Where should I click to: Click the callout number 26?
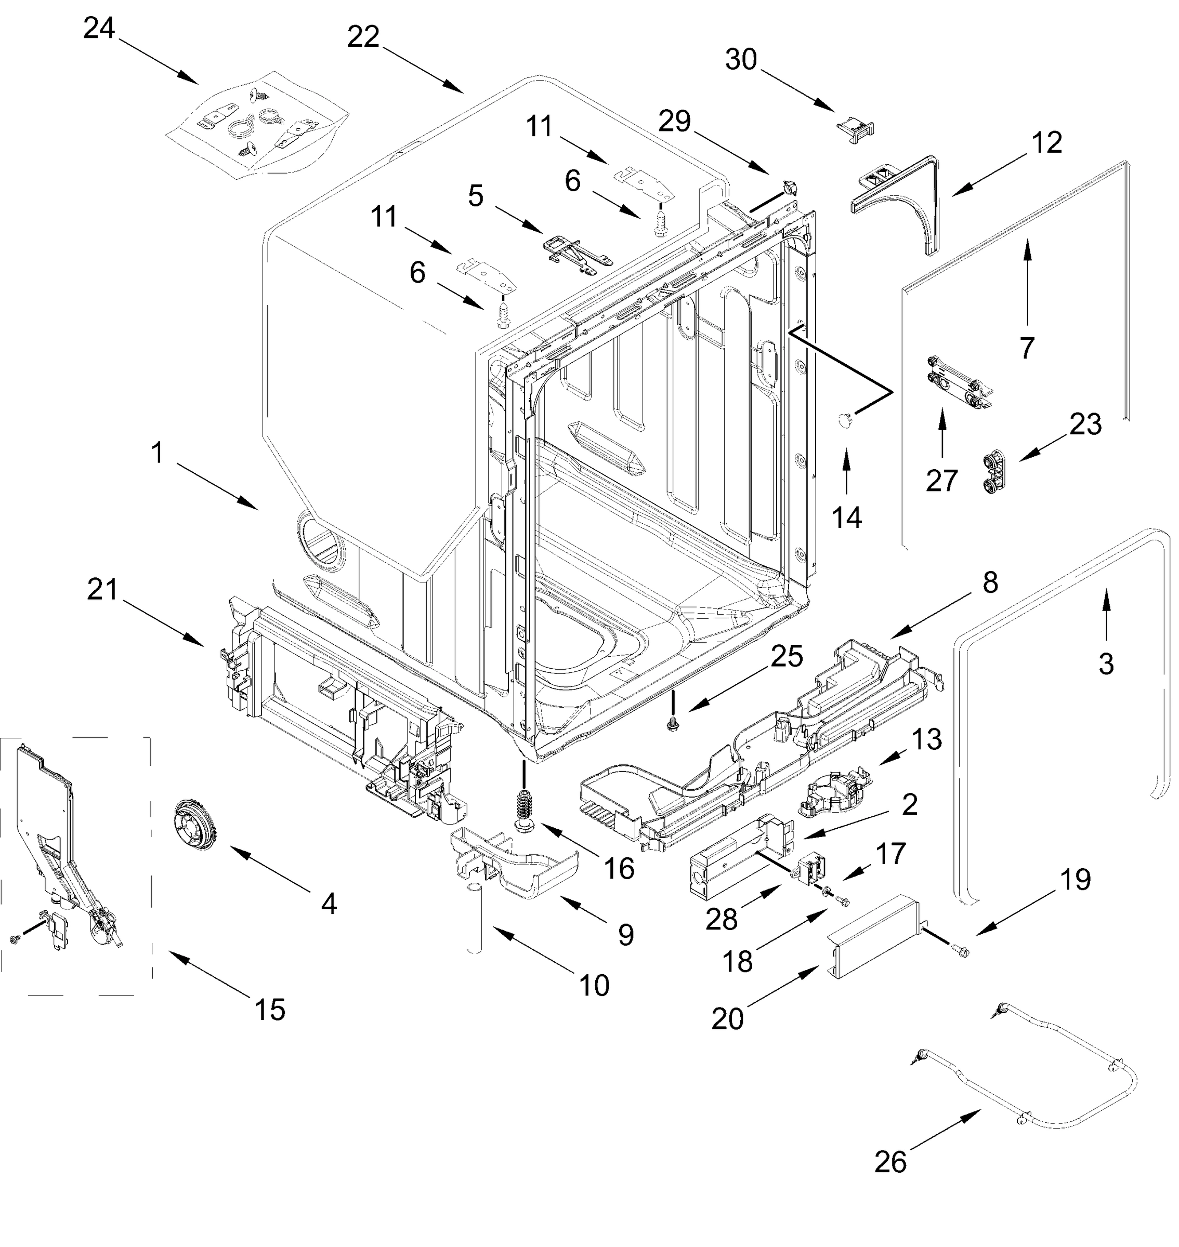click(x=890, y=1162)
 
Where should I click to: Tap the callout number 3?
click(x=1106, y=664)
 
